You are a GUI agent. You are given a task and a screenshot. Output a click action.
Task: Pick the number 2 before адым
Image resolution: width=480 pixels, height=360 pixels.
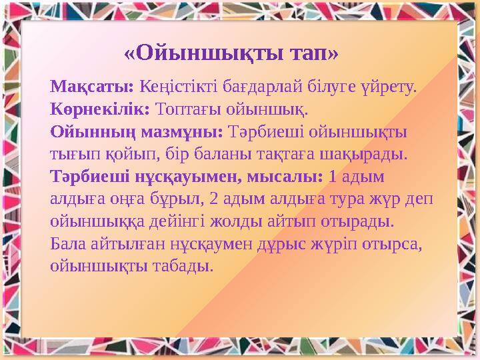[x=213, y=199]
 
